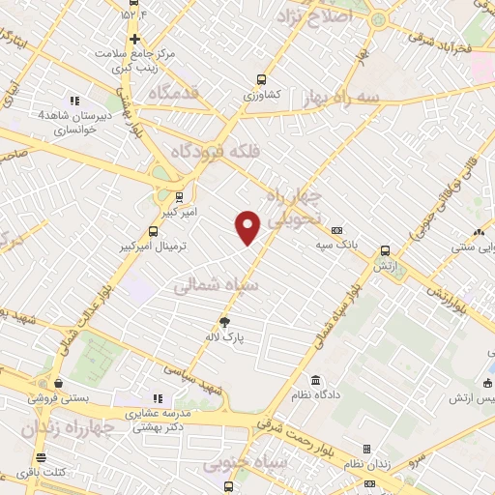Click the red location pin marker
(x=248, y=226)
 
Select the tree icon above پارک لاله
(x=226, y=322)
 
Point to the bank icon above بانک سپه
(x=337, y=230)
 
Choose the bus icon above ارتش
(x=385, y=248)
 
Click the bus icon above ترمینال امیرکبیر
(x=154, y=231)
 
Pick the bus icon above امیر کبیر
(x=179, y=196)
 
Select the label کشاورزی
(x=261, y=96)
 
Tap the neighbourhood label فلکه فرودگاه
(x=212, y=152)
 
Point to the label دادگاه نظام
(x=316, y=396)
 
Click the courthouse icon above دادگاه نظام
(x=316, y=380)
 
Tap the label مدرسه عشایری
(x=159, y=413)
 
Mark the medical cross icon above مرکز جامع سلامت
(x=134, y=38)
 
